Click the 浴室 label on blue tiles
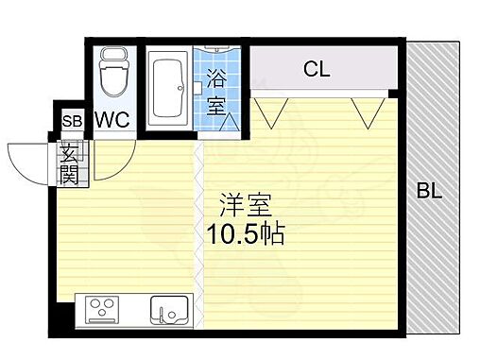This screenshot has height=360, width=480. point(216,94)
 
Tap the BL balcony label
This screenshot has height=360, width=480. point(429,192)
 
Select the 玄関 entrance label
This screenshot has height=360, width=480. point(69,162)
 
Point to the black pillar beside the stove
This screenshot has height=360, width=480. point(64,311)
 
